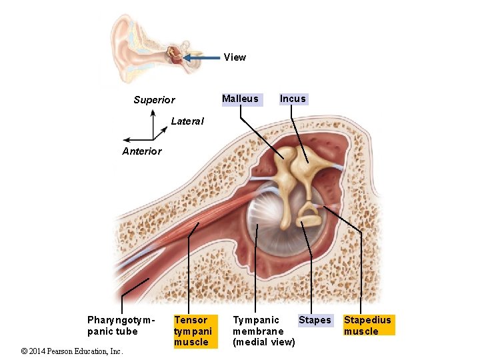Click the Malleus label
click(x=240, y=99)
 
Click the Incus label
click(x=293, y=99)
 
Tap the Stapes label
click(x=315, y=320)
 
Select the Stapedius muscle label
click(x=367, y=325)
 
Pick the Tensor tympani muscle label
click(x=193, y=331)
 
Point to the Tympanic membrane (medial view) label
click(x=263, y=331)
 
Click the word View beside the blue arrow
click(x=235, y=57)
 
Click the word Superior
click(x=154, y=100)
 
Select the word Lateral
click(x=187, y=121)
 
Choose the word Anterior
click(x=141, y=151)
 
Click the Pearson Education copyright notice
click(x=72, y=351)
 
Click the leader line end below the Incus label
click(x=307, y=163)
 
